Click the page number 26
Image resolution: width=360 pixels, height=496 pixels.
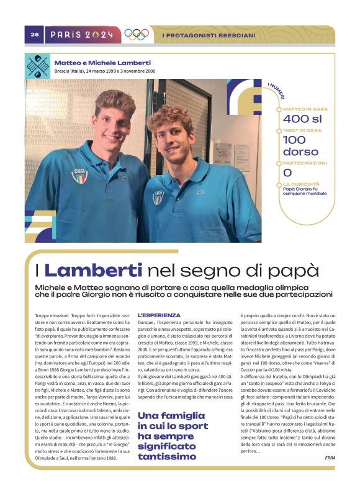pos(35,35)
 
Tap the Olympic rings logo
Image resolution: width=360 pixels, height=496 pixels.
pos(137,35)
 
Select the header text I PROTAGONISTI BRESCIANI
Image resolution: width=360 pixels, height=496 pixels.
pos(208,35)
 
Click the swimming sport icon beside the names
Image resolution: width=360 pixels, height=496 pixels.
pos(37,66)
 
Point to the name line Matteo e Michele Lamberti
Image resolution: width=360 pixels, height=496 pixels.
pos(103,63)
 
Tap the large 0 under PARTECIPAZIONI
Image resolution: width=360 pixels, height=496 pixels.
pos(287,173)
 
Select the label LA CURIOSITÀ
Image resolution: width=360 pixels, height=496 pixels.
pos(301,184)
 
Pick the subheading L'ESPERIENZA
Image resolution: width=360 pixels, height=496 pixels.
pos(159,315)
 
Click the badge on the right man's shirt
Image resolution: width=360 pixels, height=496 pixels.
pos(158,197)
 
